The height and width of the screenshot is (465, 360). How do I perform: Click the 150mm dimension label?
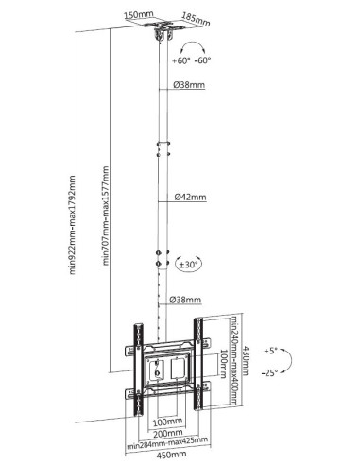138,15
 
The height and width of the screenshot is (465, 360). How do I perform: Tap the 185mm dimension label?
197,19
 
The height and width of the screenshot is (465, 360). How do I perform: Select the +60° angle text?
181,60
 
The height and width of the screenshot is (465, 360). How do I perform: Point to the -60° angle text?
202,60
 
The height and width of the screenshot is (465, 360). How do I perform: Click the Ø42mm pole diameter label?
191,198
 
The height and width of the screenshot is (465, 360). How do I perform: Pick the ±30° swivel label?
189,264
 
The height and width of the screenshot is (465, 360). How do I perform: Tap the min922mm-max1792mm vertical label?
73,225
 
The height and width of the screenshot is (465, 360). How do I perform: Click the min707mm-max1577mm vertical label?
106,215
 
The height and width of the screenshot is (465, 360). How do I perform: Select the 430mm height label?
246,361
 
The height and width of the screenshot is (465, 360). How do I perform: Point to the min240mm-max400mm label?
234,360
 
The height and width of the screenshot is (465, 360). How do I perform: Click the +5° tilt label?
270,351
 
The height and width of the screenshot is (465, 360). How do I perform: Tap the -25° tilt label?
269,373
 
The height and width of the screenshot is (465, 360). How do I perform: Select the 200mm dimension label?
168,434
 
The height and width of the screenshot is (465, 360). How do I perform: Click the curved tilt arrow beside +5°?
289,361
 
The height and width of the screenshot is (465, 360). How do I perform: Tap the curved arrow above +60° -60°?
193,46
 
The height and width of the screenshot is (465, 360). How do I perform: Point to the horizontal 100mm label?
167,422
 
